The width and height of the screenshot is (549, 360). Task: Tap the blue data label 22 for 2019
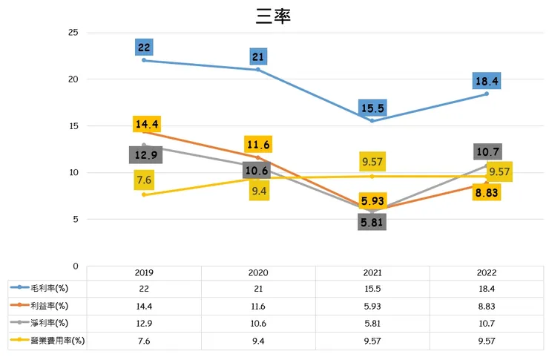pos(144,47)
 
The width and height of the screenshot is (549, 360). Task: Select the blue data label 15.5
pos(372,108)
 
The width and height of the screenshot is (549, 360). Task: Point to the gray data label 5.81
pos(372,221)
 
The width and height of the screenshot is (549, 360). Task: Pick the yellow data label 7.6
pos(144,180)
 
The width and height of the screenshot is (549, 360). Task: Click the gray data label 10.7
pos(487,151)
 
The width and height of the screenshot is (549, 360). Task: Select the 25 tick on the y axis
pos(73,33)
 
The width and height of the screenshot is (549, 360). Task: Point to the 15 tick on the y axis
pos(73,126)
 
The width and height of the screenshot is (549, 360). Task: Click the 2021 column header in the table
pos(372,273)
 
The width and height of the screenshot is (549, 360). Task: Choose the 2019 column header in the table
pos(144,273)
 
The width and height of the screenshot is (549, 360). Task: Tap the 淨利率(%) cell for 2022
pos(487,323)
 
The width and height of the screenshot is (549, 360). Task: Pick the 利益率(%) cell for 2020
pos(258,305)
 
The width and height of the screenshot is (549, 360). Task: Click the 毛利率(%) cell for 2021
pos(372,288)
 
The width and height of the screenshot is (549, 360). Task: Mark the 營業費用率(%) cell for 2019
pos(144,341)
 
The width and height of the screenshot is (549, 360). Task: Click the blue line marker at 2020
pos(258,69)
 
